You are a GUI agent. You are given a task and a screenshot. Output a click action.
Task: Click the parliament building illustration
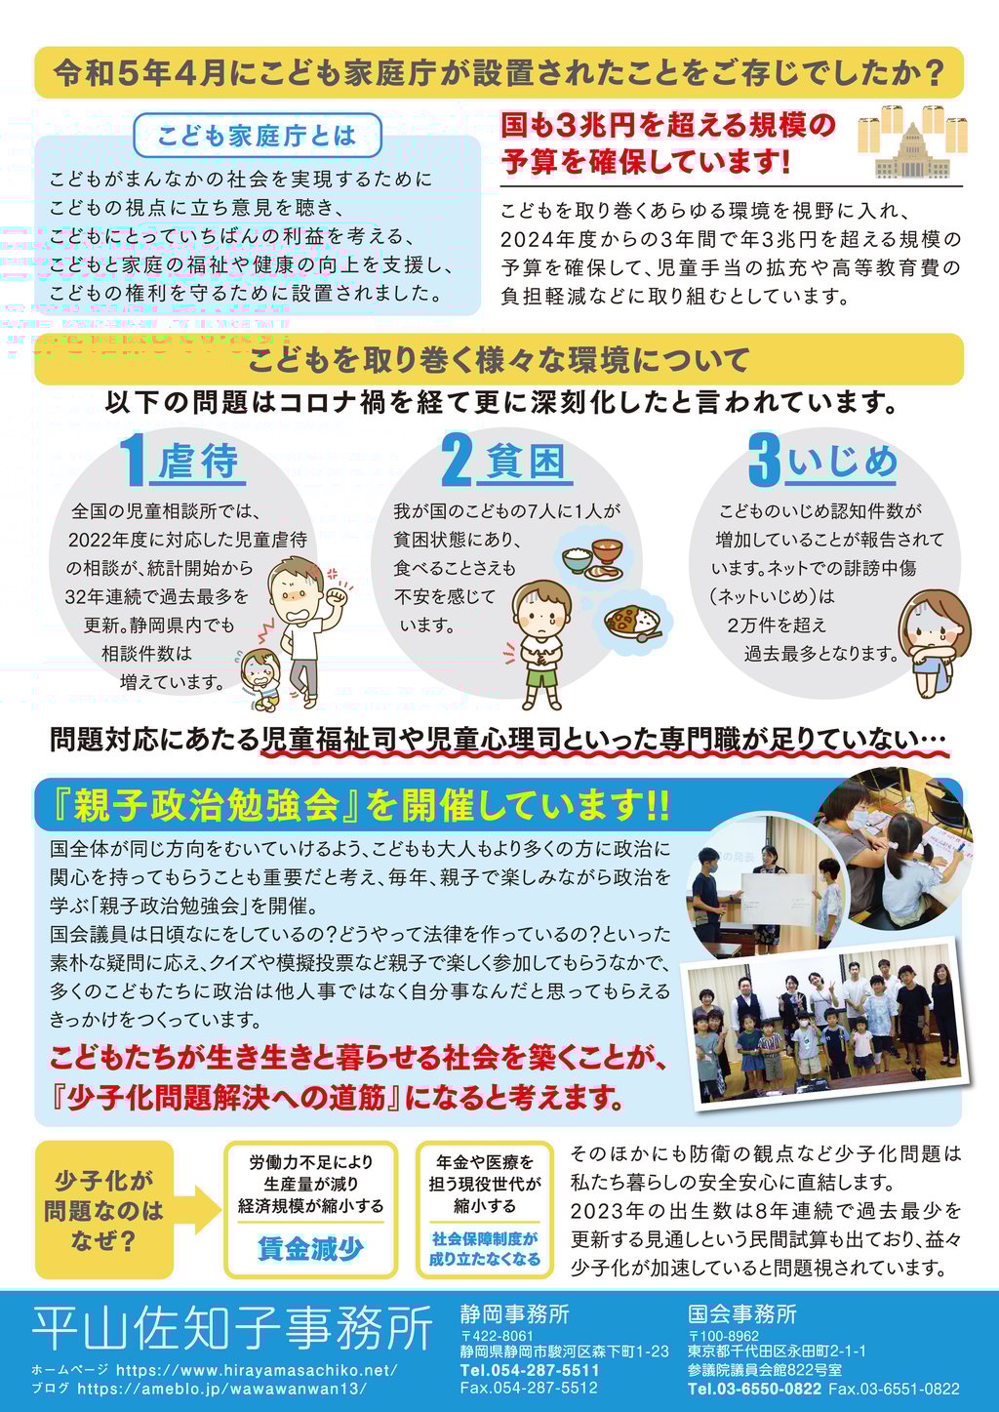912,150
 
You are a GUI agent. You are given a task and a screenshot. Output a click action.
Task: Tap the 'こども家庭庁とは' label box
258,136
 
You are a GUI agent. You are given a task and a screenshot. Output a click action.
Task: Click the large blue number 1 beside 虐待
133,461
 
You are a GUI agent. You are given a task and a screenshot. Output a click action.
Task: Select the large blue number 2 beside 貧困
457,461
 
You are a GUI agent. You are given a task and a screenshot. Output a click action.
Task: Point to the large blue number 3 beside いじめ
764,460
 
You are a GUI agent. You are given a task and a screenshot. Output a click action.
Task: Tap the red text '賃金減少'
311,1248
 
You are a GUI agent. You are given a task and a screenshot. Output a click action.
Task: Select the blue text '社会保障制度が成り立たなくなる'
485,1249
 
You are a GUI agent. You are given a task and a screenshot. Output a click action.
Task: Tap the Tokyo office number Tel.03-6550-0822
754,1389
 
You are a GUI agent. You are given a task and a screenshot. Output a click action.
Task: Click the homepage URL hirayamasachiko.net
258,1370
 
